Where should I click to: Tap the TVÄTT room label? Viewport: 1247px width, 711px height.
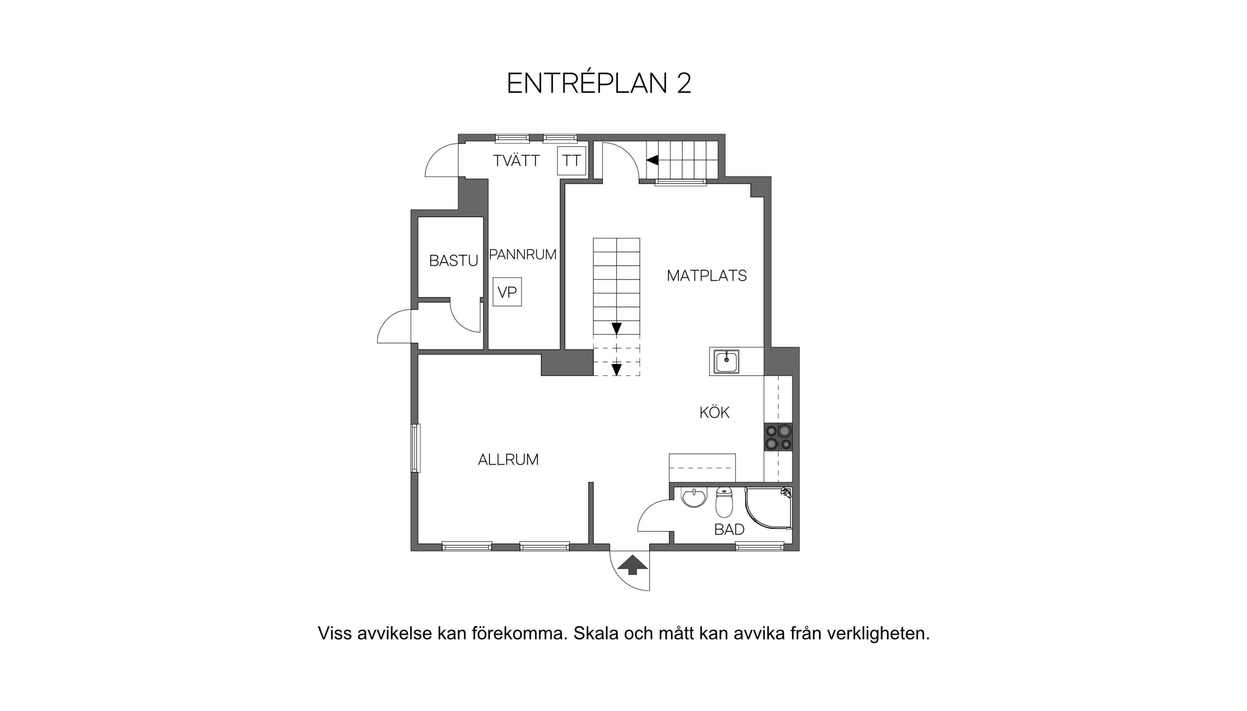[x=516, y=160]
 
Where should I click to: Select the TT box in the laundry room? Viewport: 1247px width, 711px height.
[x=571, y=160]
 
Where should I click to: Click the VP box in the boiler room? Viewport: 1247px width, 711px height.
[x=507, y=292]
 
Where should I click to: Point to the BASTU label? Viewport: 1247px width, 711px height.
[x=453, y=261]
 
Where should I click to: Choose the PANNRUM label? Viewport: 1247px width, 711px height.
[x=523, y=255]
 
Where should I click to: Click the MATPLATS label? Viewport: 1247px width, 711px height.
[x=707, y=276]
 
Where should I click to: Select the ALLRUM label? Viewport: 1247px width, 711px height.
[x=508, y=460]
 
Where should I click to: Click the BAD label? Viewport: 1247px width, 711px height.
[x=729, y=529]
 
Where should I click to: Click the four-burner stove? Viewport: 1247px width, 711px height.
[x=778, y=437]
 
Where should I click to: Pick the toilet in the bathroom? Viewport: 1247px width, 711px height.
[x=724, y=502]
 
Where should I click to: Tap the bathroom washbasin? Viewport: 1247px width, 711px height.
[x=694, y=498]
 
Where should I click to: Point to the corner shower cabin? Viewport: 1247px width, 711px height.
[x=769, y=508]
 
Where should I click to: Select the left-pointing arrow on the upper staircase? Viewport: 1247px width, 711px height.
[x=652, y=160]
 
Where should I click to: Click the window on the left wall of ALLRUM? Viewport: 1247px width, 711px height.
[x=416, y=448]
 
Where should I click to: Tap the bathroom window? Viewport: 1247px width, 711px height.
[x=760, y=546]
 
